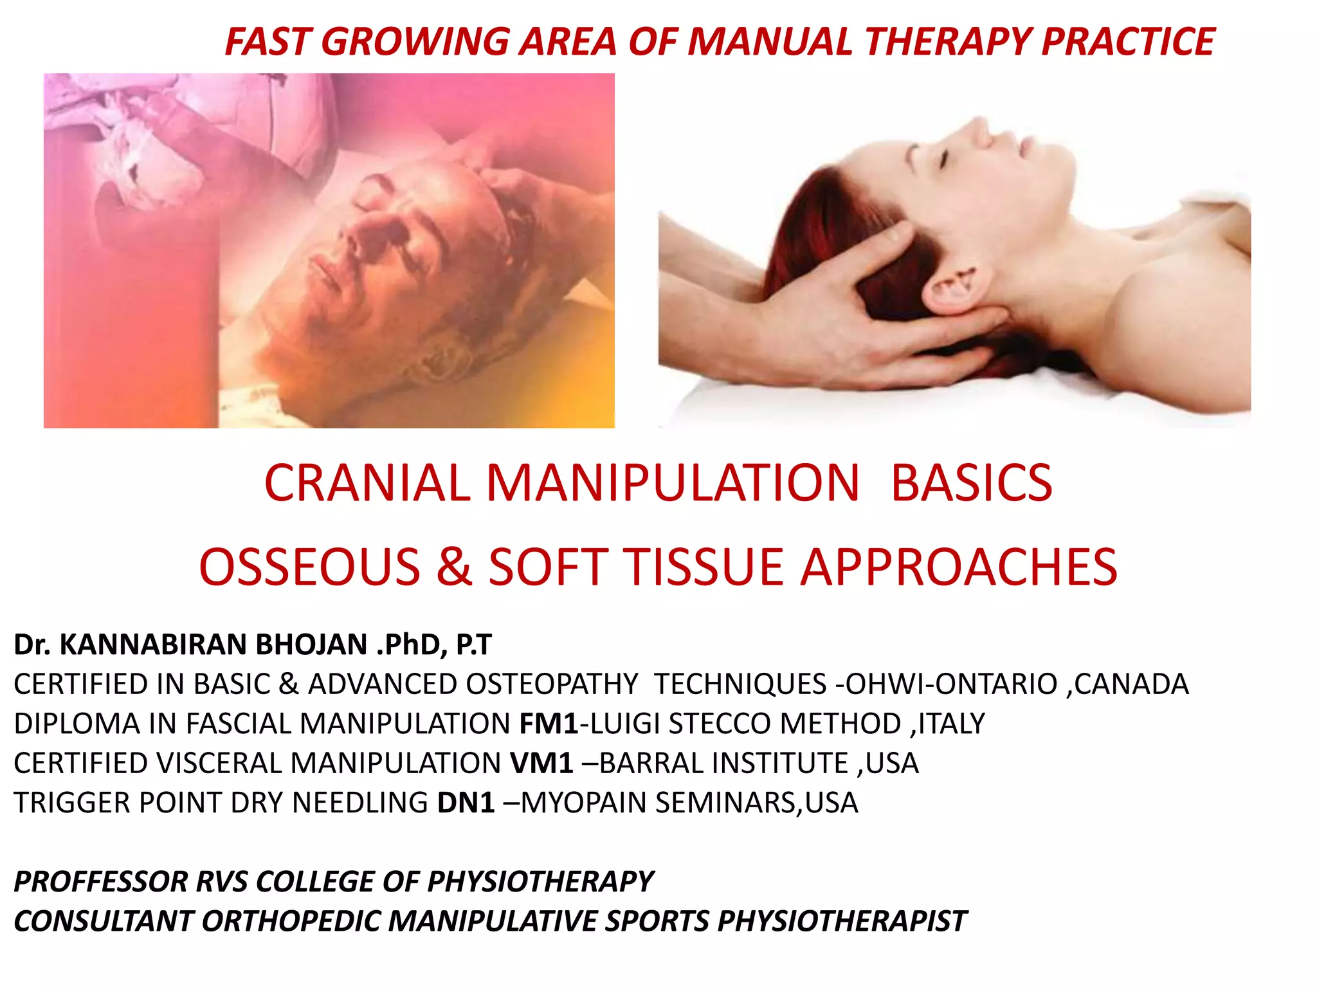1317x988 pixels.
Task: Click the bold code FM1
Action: [x=549, y=724]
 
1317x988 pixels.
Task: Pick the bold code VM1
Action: [x=541, y=764]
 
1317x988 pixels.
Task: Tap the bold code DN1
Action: [x=466, y=803]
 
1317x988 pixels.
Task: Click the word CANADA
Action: [x=1132, y=684]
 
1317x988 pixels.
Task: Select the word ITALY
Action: [x=952, y=724]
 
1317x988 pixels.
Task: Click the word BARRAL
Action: [x=644, y=764]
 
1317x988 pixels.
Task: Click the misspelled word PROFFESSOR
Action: [x=100, y=881]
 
